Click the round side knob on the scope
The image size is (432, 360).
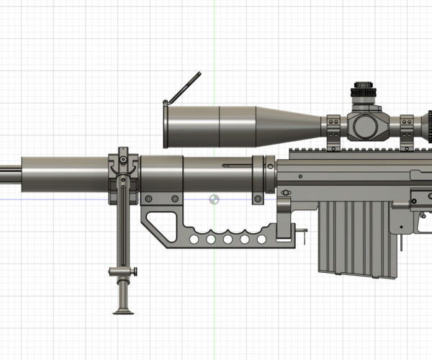tap(365, 126)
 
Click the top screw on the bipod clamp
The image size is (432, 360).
tap(123, 158)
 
